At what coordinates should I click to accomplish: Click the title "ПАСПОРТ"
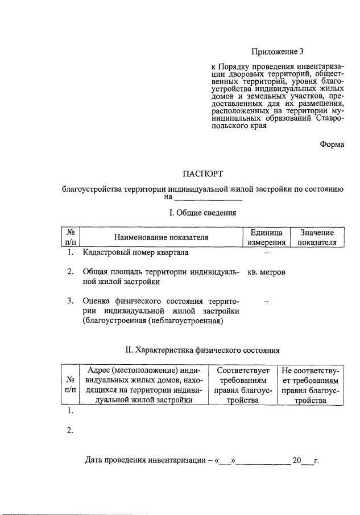203,173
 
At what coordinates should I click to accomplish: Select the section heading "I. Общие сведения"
203,213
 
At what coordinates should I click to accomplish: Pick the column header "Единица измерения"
266,237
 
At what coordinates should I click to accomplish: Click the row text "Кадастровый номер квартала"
135,252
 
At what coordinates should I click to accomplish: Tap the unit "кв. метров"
266,272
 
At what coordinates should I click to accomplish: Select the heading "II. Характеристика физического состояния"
202,350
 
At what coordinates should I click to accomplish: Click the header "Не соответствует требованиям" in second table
310,385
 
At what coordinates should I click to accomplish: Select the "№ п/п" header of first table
72,237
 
